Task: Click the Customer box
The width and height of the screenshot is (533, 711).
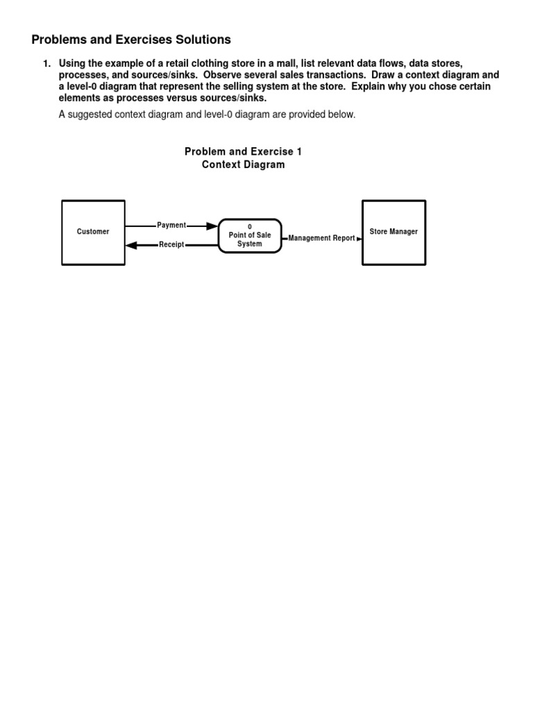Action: click(x=93, y=232)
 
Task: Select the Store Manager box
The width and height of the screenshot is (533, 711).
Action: click(x=394, y=232)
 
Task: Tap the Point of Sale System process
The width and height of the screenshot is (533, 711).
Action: click(x=250, y=236)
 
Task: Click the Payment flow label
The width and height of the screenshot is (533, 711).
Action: click(x=171, y=226)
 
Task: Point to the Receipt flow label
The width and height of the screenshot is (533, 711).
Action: click(x=171, y=245)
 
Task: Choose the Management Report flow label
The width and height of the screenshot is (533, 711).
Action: click(x=321, y=238)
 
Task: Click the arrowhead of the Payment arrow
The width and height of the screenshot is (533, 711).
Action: click(x=212, y=226)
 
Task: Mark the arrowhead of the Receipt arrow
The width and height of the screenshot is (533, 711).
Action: click(x=137, y=245)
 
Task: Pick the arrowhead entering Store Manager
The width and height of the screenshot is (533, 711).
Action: click(x=358, y=238)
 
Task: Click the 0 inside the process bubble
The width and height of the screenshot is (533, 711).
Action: click(x=250, y=227)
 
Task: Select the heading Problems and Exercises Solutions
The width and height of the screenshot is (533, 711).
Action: click(x=131, y=40)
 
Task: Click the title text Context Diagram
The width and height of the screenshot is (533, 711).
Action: click(x=243, y=165)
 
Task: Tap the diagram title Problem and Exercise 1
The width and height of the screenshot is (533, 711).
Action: click(x=243, y=151)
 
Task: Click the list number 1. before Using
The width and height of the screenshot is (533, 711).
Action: click(x=47, y=63)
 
